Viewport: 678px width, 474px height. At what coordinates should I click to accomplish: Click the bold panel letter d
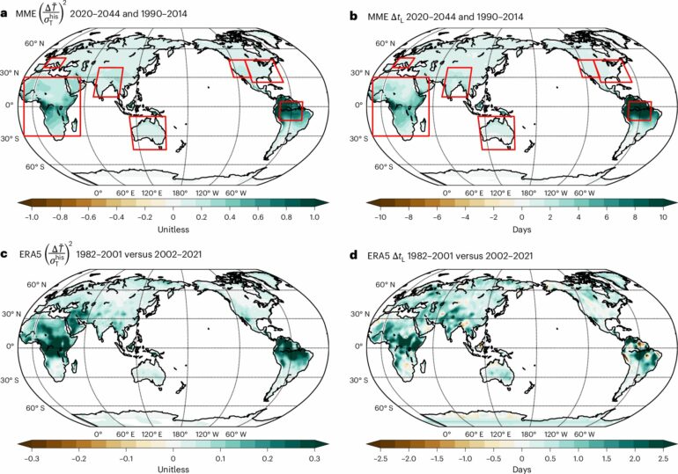[x=355, y=256]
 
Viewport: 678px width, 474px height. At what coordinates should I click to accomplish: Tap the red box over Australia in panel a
[x=150, y=133]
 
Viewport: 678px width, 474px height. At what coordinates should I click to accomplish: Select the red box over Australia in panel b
[x=497, y=133]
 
